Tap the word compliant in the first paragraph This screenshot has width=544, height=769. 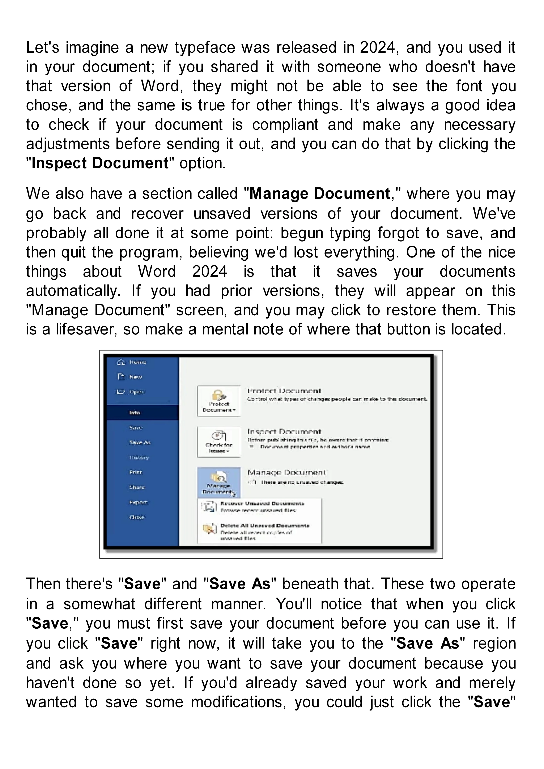(x=285, y=125)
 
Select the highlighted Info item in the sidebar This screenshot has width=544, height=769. (x=135, y=413)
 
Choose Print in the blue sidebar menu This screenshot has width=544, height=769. (x=136, y=472)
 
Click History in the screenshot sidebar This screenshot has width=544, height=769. (x=139, y=457)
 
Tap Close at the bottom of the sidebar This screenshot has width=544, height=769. (x=137, y=517)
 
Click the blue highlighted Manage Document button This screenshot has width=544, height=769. (x=219, y=482)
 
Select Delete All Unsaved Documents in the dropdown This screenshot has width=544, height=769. (x=265, y=526)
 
